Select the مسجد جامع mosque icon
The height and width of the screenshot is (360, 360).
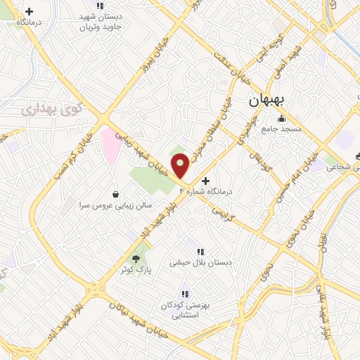281,118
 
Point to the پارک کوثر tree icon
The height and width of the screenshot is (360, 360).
136,258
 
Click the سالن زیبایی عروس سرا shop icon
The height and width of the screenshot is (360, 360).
116,193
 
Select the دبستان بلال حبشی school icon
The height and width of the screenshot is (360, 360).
200,251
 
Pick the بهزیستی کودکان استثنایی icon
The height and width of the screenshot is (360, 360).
184,294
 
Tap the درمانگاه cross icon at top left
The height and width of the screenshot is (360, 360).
29,12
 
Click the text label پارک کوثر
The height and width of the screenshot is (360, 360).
135,270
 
